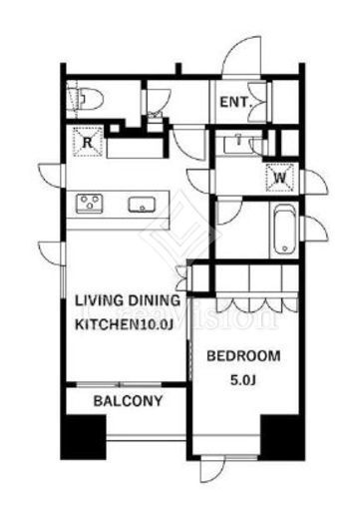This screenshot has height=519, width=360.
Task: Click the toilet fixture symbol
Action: pyautogui.click(x=85, y=99)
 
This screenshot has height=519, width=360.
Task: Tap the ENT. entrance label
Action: pyautogui.click(x=234, y=102)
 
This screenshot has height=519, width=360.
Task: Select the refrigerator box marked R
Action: pyautogui.click(x=87, y=142)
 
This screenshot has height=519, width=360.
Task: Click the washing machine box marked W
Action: pyautogui.click(x=280, y=178)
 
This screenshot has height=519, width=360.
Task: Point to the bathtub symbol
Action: pyautogui.click(x=284, y=230)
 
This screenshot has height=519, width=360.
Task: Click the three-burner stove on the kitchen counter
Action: pyautogui.click(x=89, y=204)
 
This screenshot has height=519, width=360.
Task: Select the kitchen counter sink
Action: pyautogui.click(x=142, y=205)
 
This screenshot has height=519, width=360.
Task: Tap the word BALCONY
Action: pyautogui.click(x=128, y=401)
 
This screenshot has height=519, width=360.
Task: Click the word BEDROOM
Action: pyautogui.click(x=243, y=356)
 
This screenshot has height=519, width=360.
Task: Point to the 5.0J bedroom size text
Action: pyautogui.click(x=243, y=380)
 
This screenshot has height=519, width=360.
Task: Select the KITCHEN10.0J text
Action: pyautogui.click(x=125, y=324)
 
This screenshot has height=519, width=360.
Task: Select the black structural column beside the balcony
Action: pyautogui.click(x=83, y=437)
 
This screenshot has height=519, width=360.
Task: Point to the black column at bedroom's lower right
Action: pyautogui.click(x=282, y=437)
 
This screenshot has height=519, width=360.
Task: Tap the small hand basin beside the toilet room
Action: pyautogui.click(x=155, y=117)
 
